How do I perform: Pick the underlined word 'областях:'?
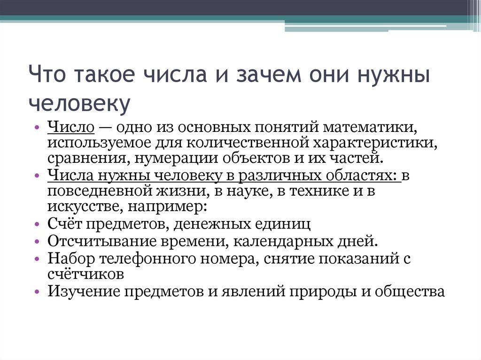pyautogui.click(x=361, y=176)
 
